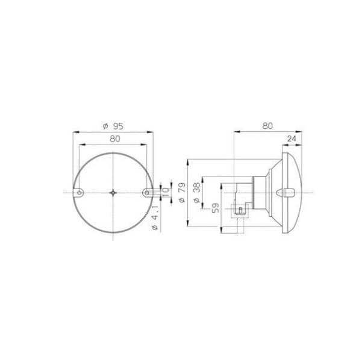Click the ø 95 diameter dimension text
point(113,126)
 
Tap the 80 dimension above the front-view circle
point(114,139)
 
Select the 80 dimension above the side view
point(267,126)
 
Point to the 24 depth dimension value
point(292,139)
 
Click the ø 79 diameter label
point(182,192)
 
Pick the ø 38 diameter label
point(196,192)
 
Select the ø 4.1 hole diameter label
point(155,217)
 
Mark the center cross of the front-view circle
point(113,192)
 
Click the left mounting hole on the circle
point(79,192)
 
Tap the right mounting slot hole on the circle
point(148,192)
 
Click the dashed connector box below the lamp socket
point(240,210)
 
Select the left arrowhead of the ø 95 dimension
point(74,131)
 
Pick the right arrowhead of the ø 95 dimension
point(152,131)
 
